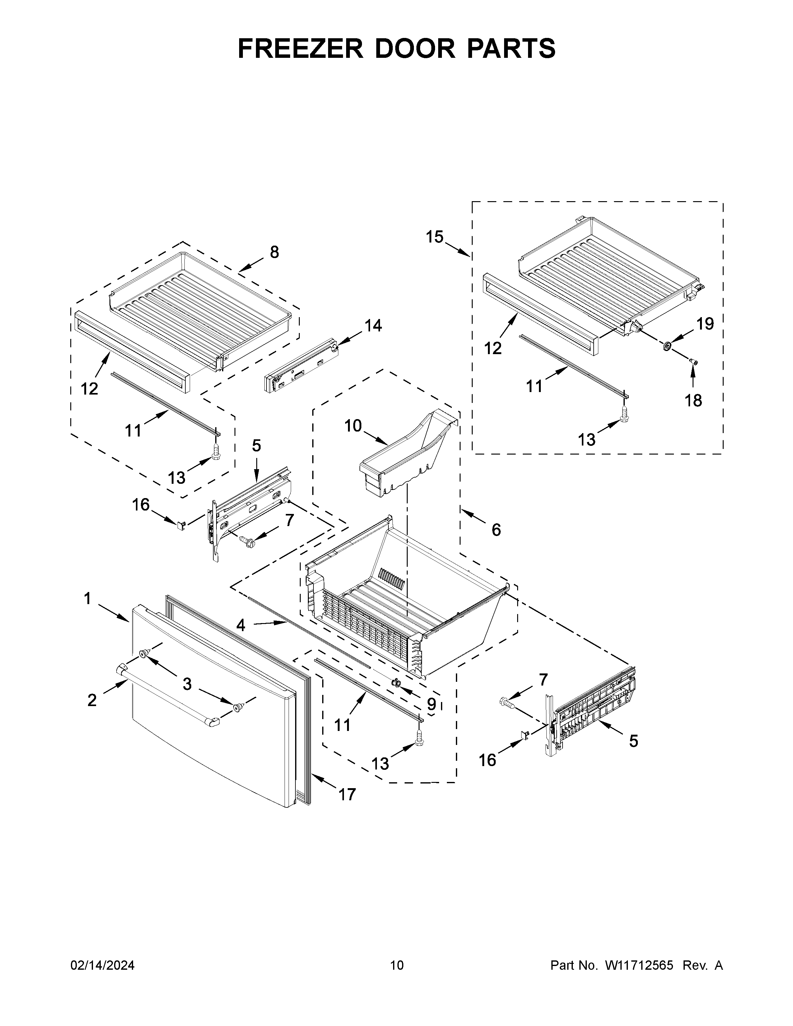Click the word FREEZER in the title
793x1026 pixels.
click(301, 49)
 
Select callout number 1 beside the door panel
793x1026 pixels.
click(87, 599)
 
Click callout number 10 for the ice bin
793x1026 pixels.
click(353, 426)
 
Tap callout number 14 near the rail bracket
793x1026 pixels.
click(373, 325)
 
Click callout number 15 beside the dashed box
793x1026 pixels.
click(434, 237)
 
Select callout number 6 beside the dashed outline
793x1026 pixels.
click(496, 530)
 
